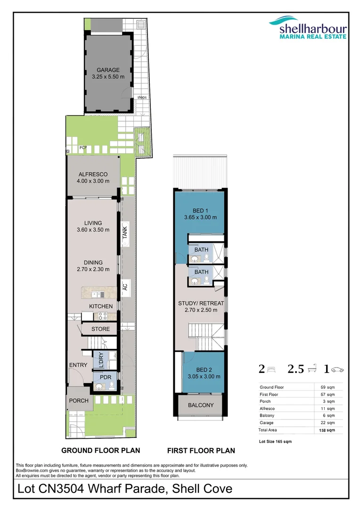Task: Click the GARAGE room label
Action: click(x=108, y=70)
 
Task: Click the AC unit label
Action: click(x=125, y=286)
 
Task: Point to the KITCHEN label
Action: click(x=101, y=306)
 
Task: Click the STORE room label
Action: click(x=101, y=329)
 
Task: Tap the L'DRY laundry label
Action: click(x=100, y=361)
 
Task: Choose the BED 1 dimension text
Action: click(x=201, y=217)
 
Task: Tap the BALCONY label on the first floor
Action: click(x=201, y=405)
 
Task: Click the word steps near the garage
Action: click(x=142, y=98)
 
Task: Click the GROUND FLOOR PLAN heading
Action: click(x=101, y=450)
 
